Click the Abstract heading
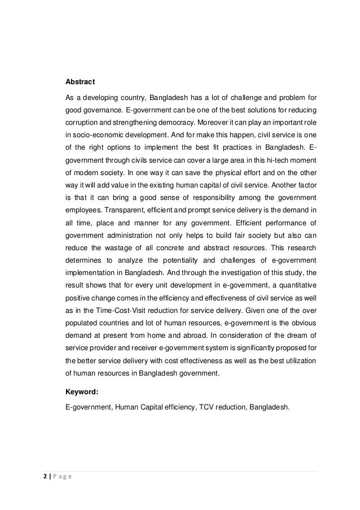pos(81,81)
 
